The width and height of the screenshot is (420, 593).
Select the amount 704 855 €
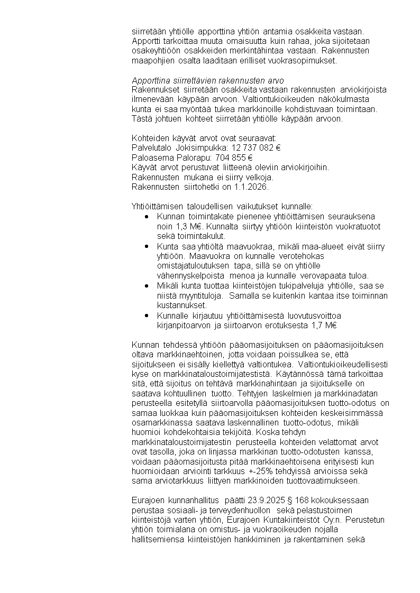[233, 157]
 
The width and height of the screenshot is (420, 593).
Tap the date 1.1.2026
[252, 187]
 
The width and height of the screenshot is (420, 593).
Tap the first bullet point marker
[147, 217]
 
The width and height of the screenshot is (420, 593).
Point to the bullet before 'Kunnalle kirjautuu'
[147, 316]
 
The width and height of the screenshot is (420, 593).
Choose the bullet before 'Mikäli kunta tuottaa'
[147, 286]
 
